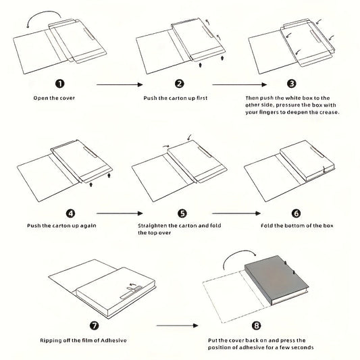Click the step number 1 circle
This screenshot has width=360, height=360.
(x=60, y=84)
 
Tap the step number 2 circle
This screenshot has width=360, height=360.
(x=179, y=84)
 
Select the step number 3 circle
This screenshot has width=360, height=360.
(x=292, y=84)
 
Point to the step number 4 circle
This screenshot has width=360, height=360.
(x=70, y=213)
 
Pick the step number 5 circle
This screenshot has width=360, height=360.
(x=182, y=213)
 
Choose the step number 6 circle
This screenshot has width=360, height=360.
(x=297, y=213)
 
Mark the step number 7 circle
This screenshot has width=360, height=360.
(x=94, y=326)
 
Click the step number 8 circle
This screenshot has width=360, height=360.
(x=257, y=326)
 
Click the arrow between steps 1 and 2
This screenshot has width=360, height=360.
(x=120, y=84)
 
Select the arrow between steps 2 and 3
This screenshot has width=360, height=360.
(x=240, y=84)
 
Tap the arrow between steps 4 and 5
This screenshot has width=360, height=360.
(x=120, y=213)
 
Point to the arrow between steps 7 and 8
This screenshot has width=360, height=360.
(x=177, y=326)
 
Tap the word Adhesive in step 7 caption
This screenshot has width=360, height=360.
(x=113, y=340)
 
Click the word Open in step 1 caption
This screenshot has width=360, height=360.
(x=38, y=98)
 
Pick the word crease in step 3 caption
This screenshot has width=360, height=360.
(x=329, y=112)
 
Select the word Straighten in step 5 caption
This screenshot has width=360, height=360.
(x=153, y=226)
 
